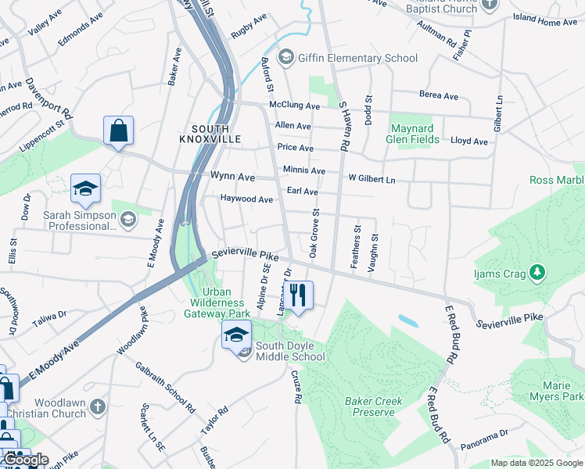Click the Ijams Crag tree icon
point(537,272)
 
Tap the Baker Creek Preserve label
point(373,406)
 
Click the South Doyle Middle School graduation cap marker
point(236,335)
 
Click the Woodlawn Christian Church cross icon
point(97,406)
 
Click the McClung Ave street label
point(295,105)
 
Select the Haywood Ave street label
point(246,199)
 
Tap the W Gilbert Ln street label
point(371,180)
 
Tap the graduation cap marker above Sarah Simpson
point(85,188)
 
